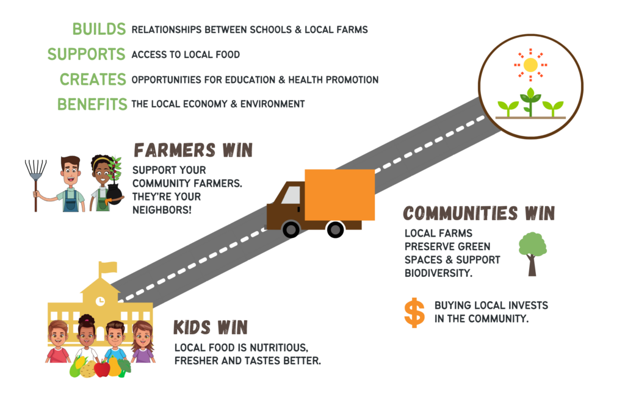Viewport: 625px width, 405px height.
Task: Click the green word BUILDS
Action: coord(99,29)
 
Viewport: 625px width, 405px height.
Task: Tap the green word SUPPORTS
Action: coord(87,54)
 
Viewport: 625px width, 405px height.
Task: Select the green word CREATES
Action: coord(93,79)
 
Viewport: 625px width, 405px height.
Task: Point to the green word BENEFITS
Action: coord(92,104)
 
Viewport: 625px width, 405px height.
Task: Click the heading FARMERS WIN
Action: coord(193,151)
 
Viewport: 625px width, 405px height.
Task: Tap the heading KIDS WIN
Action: coord(211,328)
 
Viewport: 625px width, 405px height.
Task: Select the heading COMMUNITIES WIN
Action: coord(479,213)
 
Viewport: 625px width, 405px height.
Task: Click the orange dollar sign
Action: coord(414,313)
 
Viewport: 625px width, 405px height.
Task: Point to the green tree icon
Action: coord(532,254)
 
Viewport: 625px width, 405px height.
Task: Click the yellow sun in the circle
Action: coord(530,65)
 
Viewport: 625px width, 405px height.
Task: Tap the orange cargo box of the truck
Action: coord(339,195)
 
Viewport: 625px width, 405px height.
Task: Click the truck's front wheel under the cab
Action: coord(291,229)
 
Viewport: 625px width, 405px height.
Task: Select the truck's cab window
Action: coord(291,195)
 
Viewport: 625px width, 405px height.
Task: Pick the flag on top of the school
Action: coord(107,267)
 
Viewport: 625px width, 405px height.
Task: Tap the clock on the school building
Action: coord(101,301)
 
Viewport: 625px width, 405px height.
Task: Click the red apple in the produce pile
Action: coord(102,369)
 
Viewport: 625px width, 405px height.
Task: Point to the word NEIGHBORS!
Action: coord(162,210)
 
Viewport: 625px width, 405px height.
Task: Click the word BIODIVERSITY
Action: coord(438,273)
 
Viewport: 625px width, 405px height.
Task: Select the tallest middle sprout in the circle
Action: coord(530,101)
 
